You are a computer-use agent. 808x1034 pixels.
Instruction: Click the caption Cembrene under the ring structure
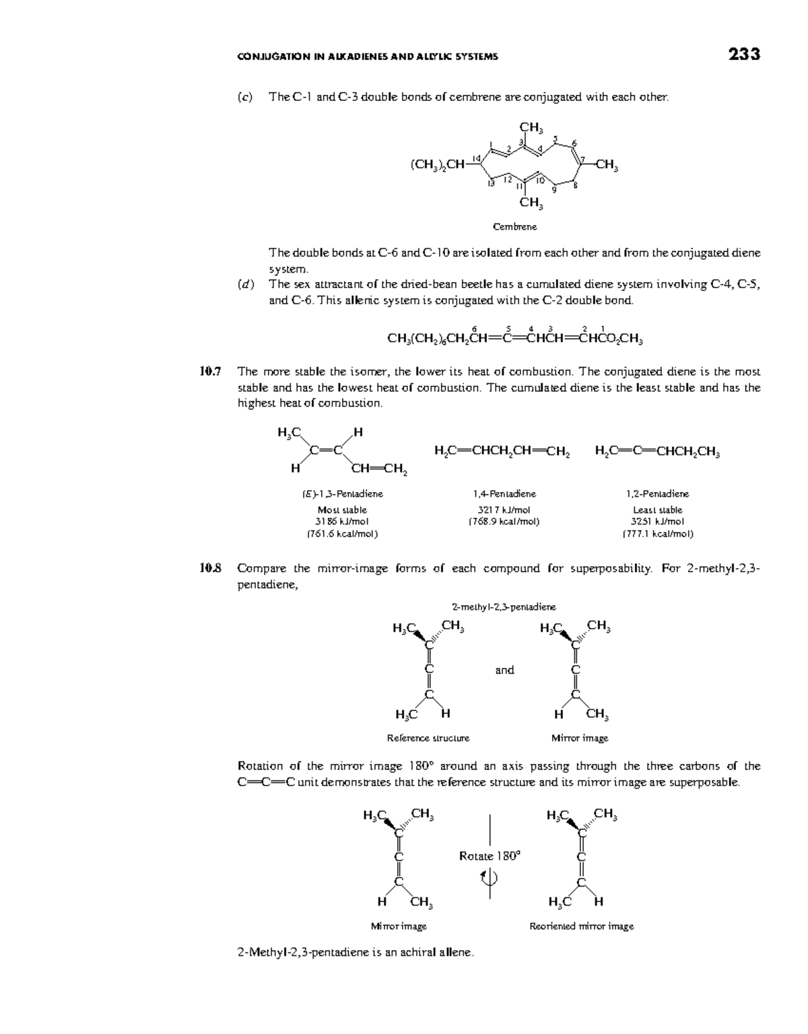coord(515,227)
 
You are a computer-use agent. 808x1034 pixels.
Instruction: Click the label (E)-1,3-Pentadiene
coord(342,493)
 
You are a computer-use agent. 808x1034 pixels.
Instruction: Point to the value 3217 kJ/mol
coord(504,510)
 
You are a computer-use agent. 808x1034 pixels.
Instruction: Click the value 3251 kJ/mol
coord(657,521)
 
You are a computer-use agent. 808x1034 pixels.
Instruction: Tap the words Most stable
coord(342,510)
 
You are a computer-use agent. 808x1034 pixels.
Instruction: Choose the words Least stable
coord(657,510)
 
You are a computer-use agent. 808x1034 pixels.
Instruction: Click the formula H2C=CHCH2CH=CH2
coord(502,452)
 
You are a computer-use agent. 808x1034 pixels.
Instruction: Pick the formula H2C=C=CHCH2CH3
coord(657,452)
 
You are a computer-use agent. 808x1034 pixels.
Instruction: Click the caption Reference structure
coord(428,738)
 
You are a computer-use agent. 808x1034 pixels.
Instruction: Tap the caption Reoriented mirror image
coord(581,926)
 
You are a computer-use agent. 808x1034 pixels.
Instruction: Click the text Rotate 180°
coord(490,856)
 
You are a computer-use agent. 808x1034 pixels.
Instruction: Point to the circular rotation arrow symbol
coord(490,877)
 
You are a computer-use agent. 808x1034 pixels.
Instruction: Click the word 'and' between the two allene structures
coord(504,670)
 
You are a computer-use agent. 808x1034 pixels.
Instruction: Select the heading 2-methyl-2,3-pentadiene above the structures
coord(504,607)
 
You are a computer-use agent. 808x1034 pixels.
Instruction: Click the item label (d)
coord(246,284)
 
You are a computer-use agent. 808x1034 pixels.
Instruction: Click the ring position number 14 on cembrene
coord(476,158)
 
